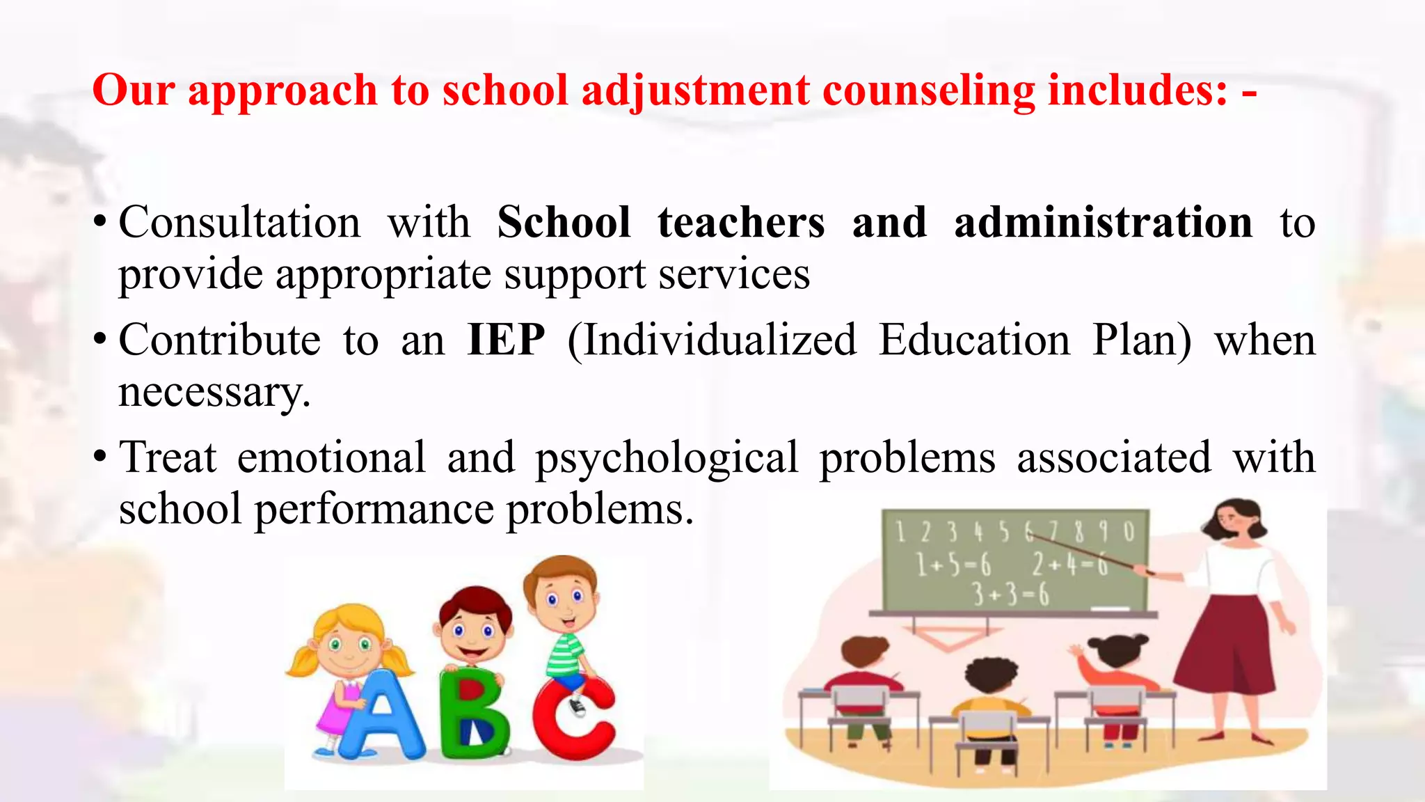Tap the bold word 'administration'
coord(1103,223)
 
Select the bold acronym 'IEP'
coord(506,340)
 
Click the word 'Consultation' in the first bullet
coord(240,223)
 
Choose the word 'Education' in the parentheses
coord(974,340)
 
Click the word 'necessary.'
coord(214,392)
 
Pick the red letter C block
coord(574,717)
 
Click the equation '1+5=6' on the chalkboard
coord(953,564)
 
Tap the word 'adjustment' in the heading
coord(695,91)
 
